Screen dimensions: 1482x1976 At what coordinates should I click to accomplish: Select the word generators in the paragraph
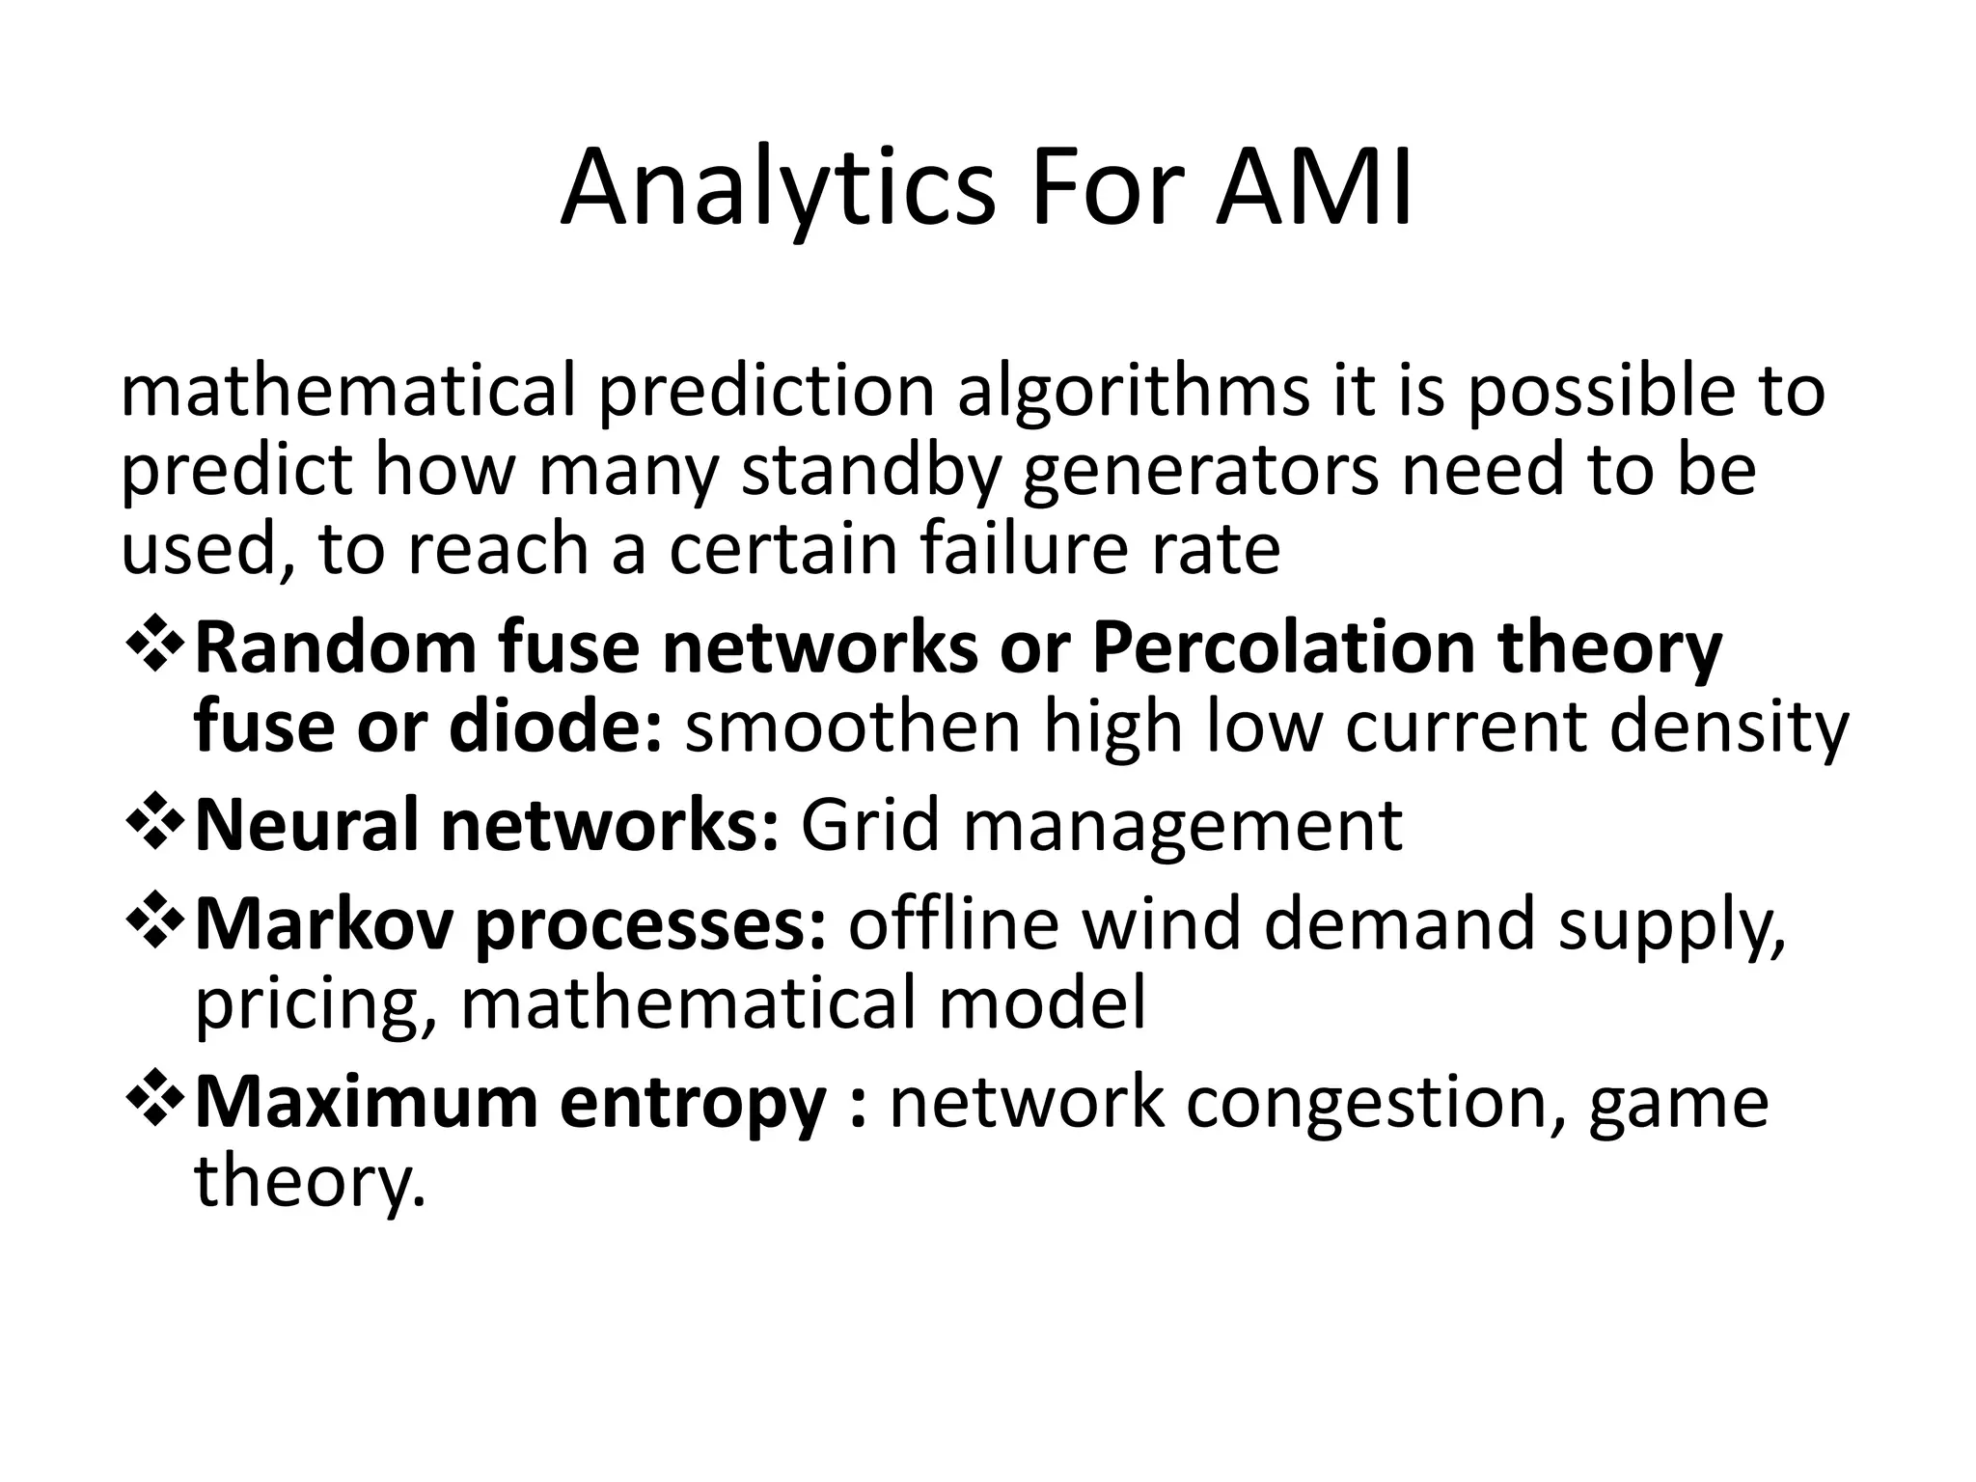click(x=1200, y=472)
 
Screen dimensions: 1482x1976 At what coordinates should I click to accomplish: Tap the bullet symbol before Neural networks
click(x=154, y=824)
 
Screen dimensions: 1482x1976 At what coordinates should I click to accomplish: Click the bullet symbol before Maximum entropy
click(x=154, y=1100)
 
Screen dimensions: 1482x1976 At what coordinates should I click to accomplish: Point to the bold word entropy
click(x=693, y=1104)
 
